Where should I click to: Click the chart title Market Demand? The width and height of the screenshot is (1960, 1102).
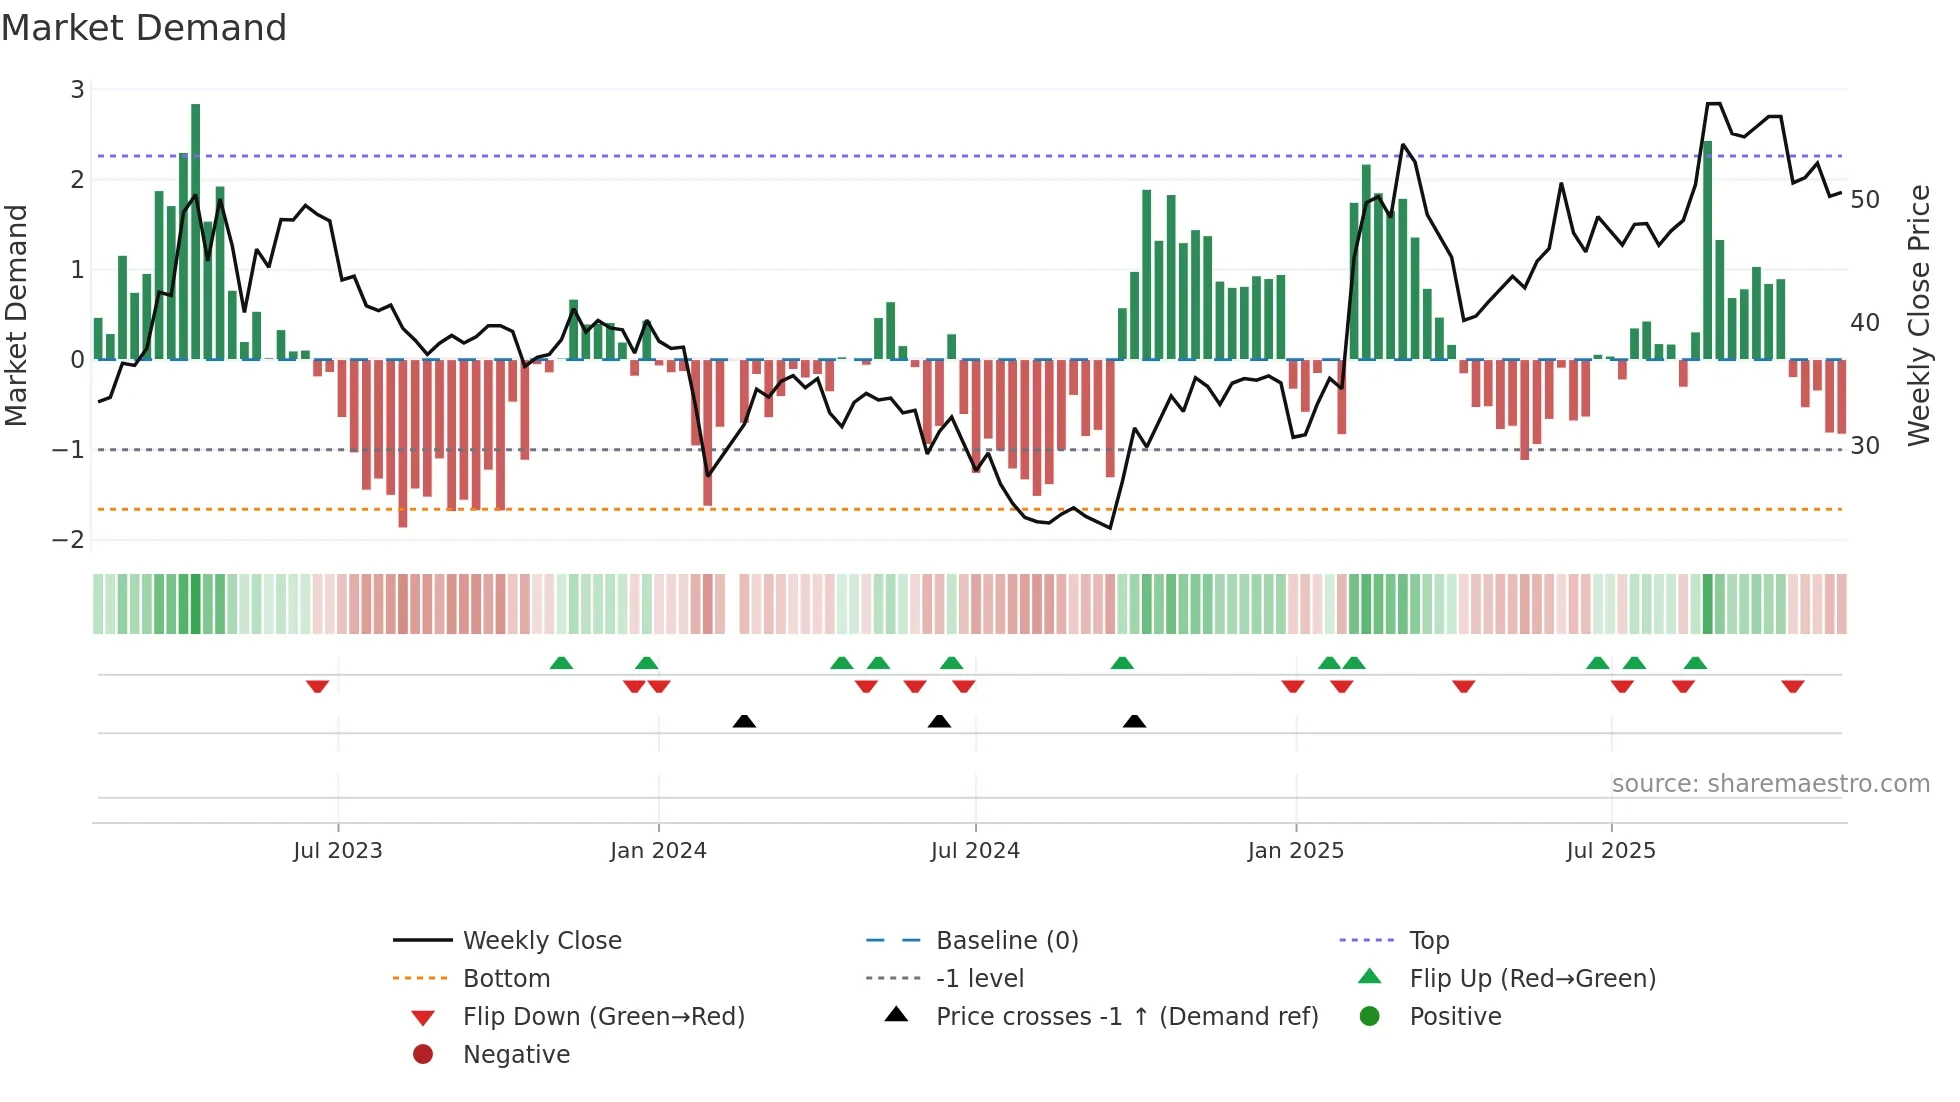[144, 28]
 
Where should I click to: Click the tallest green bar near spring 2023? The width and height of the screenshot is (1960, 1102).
[195, 230]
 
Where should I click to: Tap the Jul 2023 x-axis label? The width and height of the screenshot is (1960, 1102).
[338, 851]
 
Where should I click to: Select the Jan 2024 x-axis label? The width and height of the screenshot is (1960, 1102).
[658, 851]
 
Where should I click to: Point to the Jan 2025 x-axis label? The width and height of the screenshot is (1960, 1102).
[1296, 851]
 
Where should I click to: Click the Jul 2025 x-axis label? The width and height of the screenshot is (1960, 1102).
[1611, 851]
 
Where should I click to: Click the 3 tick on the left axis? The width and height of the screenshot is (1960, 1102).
[77, 90]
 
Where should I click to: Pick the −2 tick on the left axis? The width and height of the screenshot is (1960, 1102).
[69, 540]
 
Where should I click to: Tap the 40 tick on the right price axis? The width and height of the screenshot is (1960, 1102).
[1865, 323]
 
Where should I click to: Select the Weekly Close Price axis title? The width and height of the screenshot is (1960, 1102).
[1918, 315]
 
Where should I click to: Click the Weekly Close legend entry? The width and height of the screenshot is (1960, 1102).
[542, 941]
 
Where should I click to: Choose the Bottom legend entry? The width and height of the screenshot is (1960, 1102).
[506, 979]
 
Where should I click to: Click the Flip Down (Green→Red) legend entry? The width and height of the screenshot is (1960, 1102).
[603, 1017]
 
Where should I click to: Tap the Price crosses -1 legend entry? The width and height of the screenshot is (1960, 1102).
[1127, 1017]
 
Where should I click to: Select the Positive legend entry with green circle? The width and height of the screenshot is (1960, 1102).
[1455, 1017]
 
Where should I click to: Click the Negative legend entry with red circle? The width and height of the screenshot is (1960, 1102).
[516, 1055]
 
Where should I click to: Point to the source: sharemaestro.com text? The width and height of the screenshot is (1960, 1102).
[1770, 784]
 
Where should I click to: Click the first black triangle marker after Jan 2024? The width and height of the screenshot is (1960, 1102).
[744, 721]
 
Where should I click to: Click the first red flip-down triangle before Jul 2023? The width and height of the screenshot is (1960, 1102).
[317, 686]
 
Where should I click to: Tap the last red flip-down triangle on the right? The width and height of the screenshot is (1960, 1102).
[1792, 686]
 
